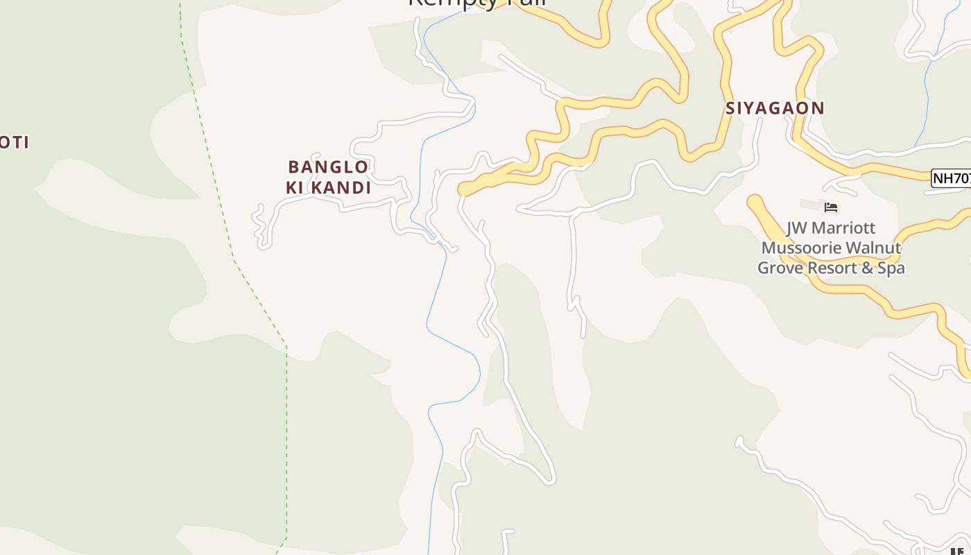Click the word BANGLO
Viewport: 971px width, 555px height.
tap(328, 167)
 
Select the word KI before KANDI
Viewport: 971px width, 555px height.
tap(295, 188)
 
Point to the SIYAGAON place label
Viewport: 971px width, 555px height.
tap(775, 108)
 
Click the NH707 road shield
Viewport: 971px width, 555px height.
tap(952, 178)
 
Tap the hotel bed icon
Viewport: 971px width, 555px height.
tap(831, 207)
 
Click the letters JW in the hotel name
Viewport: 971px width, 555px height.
tap(798, 228)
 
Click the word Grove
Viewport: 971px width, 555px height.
tap(779, 268)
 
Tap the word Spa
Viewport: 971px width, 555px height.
tap(891, 268)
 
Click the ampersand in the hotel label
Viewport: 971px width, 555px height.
tap(867, 268)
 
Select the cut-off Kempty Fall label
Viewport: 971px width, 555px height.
tap(478, 3)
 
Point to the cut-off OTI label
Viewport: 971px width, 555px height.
tap(14, 143)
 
